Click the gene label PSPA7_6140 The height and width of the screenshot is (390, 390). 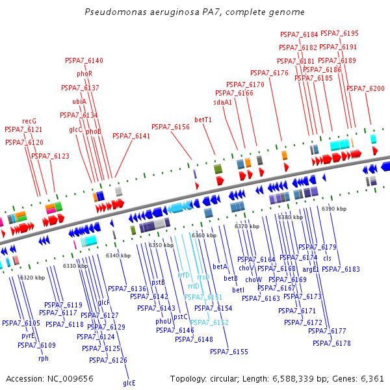tap(84, 60)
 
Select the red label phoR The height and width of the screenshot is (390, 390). tap(84, 74)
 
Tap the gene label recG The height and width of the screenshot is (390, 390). tap(29, 121)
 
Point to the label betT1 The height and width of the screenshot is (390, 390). tap(203, 120)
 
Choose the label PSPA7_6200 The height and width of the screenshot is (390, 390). tap(365, 88)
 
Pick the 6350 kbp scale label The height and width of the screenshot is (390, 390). tap(161, 245)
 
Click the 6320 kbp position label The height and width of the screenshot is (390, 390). tap(32, 278)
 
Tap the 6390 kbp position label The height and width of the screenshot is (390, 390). tap(334, 209)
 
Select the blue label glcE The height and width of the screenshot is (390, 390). tap(129, 383)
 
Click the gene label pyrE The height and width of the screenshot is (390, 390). tap(28, 336)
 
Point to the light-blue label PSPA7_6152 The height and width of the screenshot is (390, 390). tap(209, 322)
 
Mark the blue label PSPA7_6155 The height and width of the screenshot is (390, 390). tap(229, 352)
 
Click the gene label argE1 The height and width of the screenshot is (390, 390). tap(311, 268)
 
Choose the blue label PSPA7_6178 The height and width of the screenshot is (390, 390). tap(331, 343)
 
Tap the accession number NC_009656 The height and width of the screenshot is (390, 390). tap(68, 378)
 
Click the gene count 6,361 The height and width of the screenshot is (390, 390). tap(372, 378)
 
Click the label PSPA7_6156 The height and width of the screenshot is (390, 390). tap(170, 127)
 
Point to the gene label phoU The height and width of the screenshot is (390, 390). tap(164, 321)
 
